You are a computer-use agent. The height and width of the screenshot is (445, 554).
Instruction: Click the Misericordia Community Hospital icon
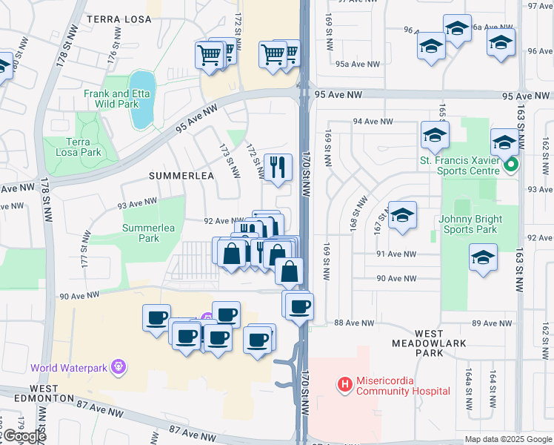click(x=344, y=384)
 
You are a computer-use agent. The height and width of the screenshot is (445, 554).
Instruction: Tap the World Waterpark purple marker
click(x=118, y=366)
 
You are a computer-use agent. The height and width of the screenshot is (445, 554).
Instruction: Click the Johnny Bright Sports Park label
click(x=470, y=224)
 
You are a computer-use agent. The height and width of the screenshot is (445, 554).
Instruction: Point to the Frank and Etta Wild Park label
click(x=111, y=99)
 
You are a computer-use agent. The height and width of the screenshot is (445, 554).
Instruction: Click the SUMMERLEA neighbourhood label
click(x=181, y=176)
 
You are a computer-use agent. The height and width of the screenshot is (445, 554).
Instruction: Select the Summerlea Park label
click(x=150, y=233)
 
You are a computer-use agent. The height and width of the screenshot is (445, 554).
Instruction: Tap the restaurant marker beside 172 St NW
click(x=278, y=166)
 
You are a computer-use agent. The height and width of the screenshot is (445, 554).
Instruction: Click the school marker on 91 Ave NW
click(x=483, y=258)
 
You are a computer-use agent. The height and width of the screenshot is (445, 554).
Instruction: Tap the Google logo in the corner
click(x=25, y=436)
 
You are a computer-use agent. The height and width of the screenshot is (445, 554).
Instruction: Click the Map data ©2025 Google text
click(x=509, y=439)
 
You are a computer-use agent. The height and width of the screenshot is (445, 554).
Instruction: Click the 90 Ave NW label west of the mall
click(x=79, y=295)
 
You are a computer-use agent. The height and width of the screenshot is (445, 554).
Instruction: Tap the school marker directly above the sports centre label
click(x=435, y=134)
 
